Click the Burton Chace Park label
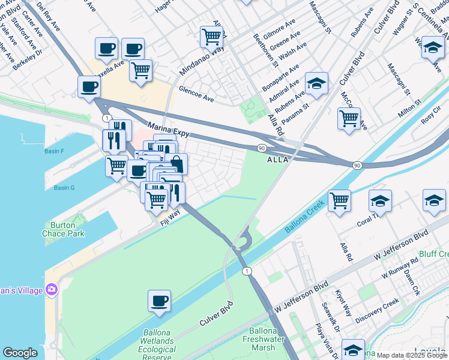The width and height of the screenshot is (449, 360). click(63, 229)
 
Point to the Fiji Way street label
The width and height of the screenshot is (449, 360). click(170, 217)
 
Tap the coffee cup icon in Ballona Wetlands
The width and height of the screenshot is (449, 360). click(159, 301)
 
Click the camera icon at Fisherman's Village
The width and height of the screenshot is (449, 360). click(51, 290)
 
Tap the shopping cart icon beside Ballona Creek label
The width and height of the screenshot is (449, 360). click(339, 200)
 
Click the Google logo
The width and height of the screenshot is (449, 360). click(20, 353)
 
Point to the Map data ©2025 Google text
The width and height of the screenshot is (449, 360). click(412, 355)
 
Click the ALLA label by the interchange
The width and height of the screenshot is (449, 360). click(278, 160)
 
